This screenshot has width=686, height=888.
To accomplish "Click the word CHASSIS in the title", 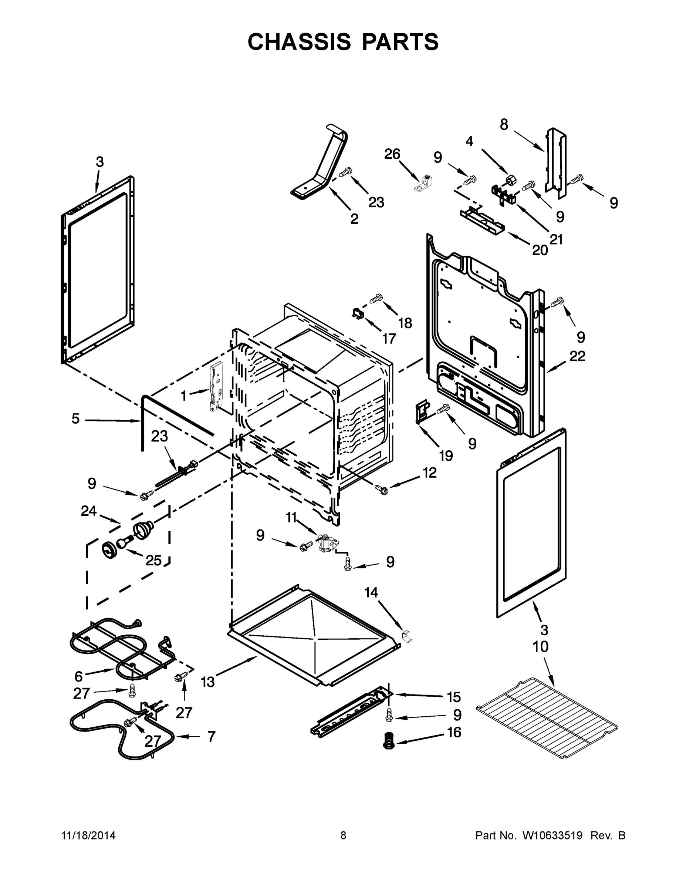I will click(x=299, y=42).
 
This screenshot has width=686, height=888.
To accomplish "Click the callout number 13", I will click(x=208, y=682).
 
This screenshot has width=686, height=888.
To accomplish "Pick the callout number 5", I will click(x=75, y=419).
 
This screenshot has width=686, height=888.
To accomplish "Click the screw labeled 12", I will click(x=381, y=490).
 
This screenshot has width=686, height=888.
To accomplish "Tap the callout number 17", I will click(x=389, y=338).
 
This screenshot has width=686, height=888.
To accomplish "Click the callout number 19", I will click(x=446, y=456).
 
